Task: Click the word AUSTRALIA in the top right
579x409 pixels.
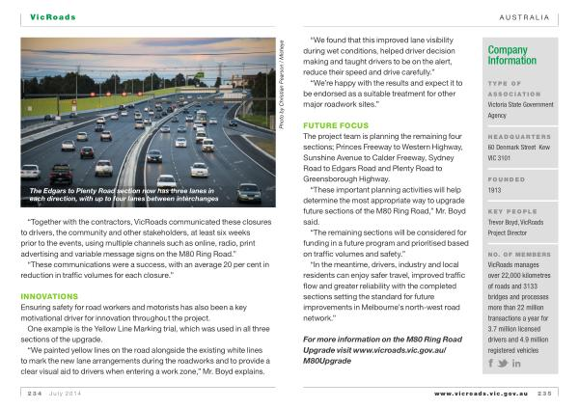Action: (523, 16)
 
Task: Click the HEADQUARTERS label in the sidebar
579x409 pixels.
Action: (519, 136)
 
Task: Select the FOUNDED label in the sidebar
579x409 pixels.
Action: (506, 178)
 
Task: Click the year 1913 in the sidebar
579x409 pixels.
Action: (496, 191)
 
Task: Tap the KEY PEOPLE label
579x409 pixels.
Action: (510, 211)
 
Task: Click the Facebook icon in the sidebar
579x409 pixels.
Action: (493, 364)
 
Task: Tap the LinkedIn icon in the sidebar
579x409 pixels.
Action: (516, 364)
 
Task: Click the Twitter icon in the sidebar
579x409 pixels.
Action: (504, 364)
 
